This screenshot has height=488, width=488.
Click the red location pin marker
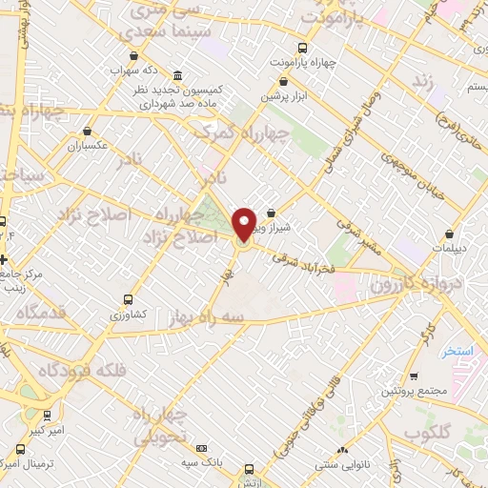pyautogui.click(x=245, y=224)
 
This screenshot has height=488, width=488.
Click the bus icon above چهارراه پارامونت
pyautogui.click(x=303, y=48)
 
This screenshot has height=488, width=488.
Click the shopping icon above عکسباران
pyautogui.click(x=88, y=132)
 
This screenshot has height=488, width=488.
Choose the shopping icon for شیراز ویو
pyautogui.click(x=272, y=213)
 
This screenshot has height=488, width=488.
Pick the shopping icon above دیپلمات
pyautogui.click(x=447, y=234)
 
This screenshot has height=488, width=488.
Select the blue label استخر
pyautogui.click(x=457, y=352)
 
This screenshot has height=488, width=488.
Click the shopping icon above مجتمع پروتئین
pyautogui.click(x=412, y=376)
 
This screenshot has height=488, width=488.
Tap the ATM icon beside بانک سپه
pyautogui.click(x=201, y=448)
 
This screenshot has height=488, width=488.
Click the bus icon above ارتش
pyautogui.click(x=249, y=470)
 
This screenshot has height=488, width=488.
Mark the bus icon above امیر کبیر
pyautogui.click(x=47, y=416)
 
